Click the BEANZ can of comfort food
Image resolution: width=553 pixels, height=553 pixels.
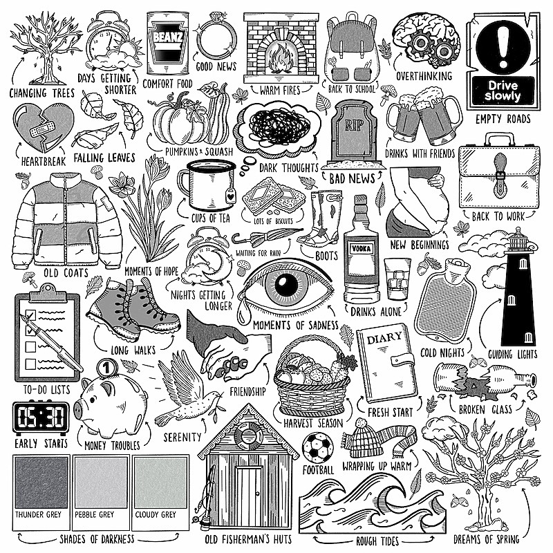[167, 43]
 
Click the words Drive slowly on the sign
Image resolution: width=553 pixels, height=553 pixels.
[503, 91]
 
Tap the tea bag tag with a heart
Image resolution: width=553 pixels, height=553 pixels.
[230, 195]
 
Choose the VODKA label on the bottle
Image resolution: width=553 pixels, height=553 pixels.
[362, 249]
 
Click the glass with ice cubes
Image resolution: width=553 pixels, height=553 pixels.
[397, 279]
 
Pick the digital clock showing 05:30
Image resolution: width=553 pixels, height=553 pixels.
[41, 417]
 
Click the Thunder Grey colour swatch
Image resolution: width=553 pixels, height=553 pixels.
[41, 482]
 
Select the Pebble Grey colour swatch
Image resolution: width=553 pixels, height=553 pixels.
[101, 482]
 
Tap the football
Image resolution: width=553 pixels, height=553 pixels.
[318, 448]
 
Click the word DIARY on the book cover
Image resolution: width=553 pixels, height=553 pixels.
[384, 338]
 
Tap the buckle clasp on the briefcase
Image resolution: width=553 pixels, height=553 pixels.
[500, 176]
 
